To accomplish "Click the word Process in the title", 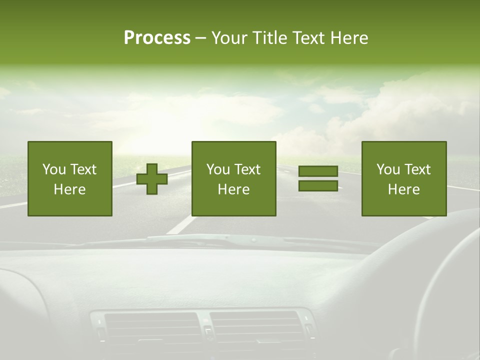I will pos(157,38).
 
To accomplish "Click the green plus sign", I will pos(152,179).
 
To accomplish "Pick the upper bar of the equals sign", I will pos(318,171).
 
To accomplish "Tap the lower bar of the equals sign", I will pos(318,185).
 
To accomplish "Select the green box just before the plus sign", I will pos(70,178).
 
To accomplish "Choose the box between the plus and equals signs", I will pos(233,178).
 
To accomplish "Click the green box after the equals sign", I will pos(404,178).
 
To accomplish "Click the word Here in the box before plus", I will pos(69,189).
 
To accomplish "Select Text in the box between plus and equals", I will pos(247,169).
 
